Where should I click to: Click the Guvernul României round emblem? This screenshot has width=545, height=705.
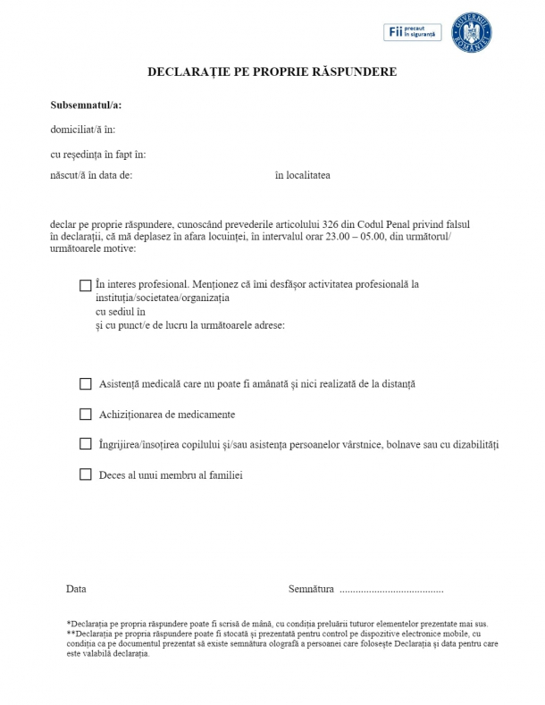click(472, 32)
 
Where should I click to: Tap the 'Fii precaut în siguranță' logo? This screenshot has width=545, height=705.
click(413, 32)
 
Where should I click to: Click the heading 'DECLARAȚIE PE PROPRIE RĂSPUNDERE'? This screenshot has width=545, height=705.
click(272, 71)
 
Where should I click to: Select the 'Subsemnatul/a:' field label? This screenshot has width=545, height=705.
click(86, 105)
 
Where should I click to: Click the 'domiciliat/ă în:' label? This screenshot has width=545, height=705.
click(83, 130)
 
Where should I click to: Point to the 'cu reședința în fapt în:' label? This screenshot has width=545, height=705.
click(98, 155)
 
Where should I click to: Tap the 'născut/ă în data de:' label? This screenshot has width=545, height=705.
click(92, 175)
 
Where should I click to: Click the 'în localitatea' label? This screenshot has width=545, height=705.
click(302, 175)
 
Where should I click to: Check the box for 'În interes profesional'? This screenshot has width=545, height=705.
click(86, 286)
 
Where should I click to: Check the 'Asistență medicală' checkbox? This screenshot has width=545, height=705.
click(86, 384)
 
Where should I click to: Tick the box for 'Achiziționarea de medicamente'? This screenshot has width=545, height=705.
click(86, 415)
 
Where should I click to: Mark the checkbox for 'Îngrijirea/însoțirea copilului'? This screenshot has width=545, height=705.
click(86, 444)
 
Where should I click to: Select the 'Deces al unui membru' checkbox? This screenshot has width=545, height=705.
click(86, 474)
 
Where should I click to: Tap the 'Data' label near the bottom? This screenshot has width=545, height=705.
click(76, 590)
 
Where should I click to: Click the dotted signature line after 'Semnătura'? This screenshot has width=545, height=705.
click(391, 591)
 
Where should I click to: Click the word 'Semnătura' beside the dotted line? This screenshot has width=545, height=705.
click(311, 590)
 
